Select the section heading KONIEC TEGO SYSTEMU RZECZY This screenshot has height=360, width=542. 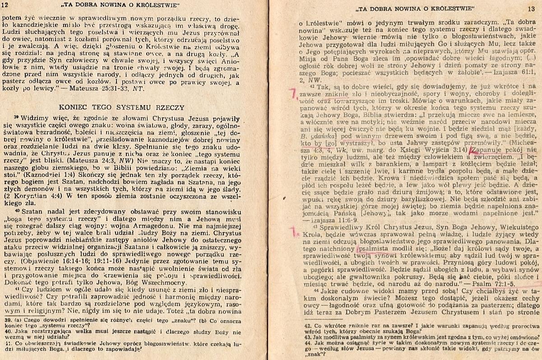coord(122,107)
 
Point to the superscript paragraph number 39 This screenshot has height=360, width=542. coord(16,116)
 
